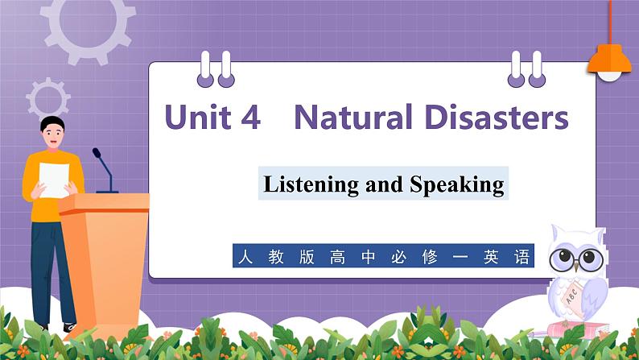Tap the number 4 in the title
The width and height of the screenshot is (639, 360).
pyautogui.click(x=250, y=118)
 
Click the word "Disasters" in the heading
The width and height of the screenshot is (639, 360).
pyautogui.click(x=495, y=118)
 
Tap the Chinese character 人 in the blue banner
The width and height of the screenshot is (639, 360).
pyautogui.click(x=244, y=258)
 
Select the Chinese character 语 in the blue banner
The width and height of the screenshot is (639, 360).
pyautogui.click(x=522, y=258)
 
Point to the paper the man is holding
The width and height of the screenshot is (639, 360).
pyautogui.click(x=55, y=178)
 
